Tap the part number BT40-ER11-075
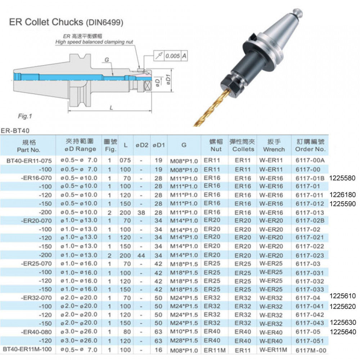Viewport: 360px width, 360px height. pyautogui.click(x=28, y=160)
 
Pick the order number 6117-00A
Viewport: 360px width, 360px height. pyautogui.click(x=310, y=160)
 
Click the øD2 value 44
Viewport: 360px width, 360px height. pyautogui.click(x=141, y=255)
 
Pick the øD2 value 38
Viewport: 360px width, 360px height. pyautogui.click(x=141, y=212)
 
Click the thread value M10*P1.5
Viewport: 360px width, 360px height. pyautogui.click(x=184, y=332)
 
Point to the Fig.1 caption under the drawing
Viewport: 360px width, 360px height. pyautogui.click(x=25, y=116)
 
